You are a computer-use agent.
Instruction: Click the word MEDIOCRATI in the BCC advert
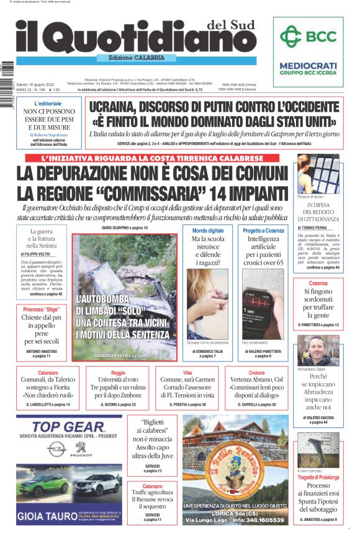[308, 65]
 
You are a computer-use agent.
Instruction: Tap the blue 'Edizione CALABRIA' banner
[129, 58]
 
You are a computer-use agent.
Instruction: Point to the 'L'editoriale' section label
[48, 104]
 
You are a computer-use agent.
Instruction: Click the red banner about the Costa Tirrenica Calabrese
[153, 158]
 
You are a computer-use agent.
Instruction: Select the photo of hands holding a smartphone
[207, 304]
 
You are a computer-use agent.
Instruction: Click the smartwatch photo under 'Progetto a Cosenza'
[263, 304]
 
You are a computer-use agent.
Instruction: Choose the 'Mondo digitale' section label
[207, 231]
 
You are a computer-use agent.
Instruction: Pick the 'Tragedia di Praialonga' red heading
[317, 477]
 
